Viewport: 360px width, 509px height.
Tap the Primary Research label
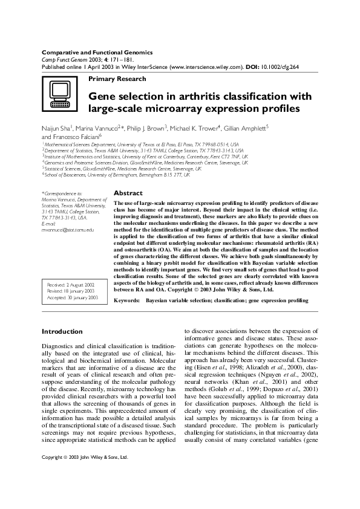tap(117, 79)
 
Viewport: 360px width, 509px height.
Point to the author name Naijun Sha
tap(56, 128)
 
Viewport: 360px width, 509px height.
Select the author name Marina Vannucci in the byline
tap(99, 128)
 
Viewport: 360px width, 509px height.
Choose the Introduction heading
tap(62, 332)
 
